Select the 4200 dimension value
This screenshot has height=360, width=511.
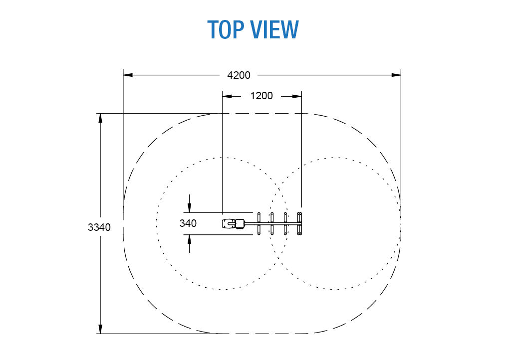239,75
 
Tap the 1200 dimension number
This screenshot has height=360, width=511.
261,96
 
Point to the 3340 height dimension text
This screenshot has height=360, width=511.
99,227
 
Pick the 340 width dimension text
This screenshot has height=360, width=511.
188,223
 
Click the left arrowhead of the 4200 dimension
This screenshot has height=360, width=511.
128,75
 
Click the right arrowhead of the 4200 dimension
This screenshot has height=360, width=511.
396,75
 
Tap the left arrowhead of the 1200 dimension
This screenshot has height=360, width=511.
227,96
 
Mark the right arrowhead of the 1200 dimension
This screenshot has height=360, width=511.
297,96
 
